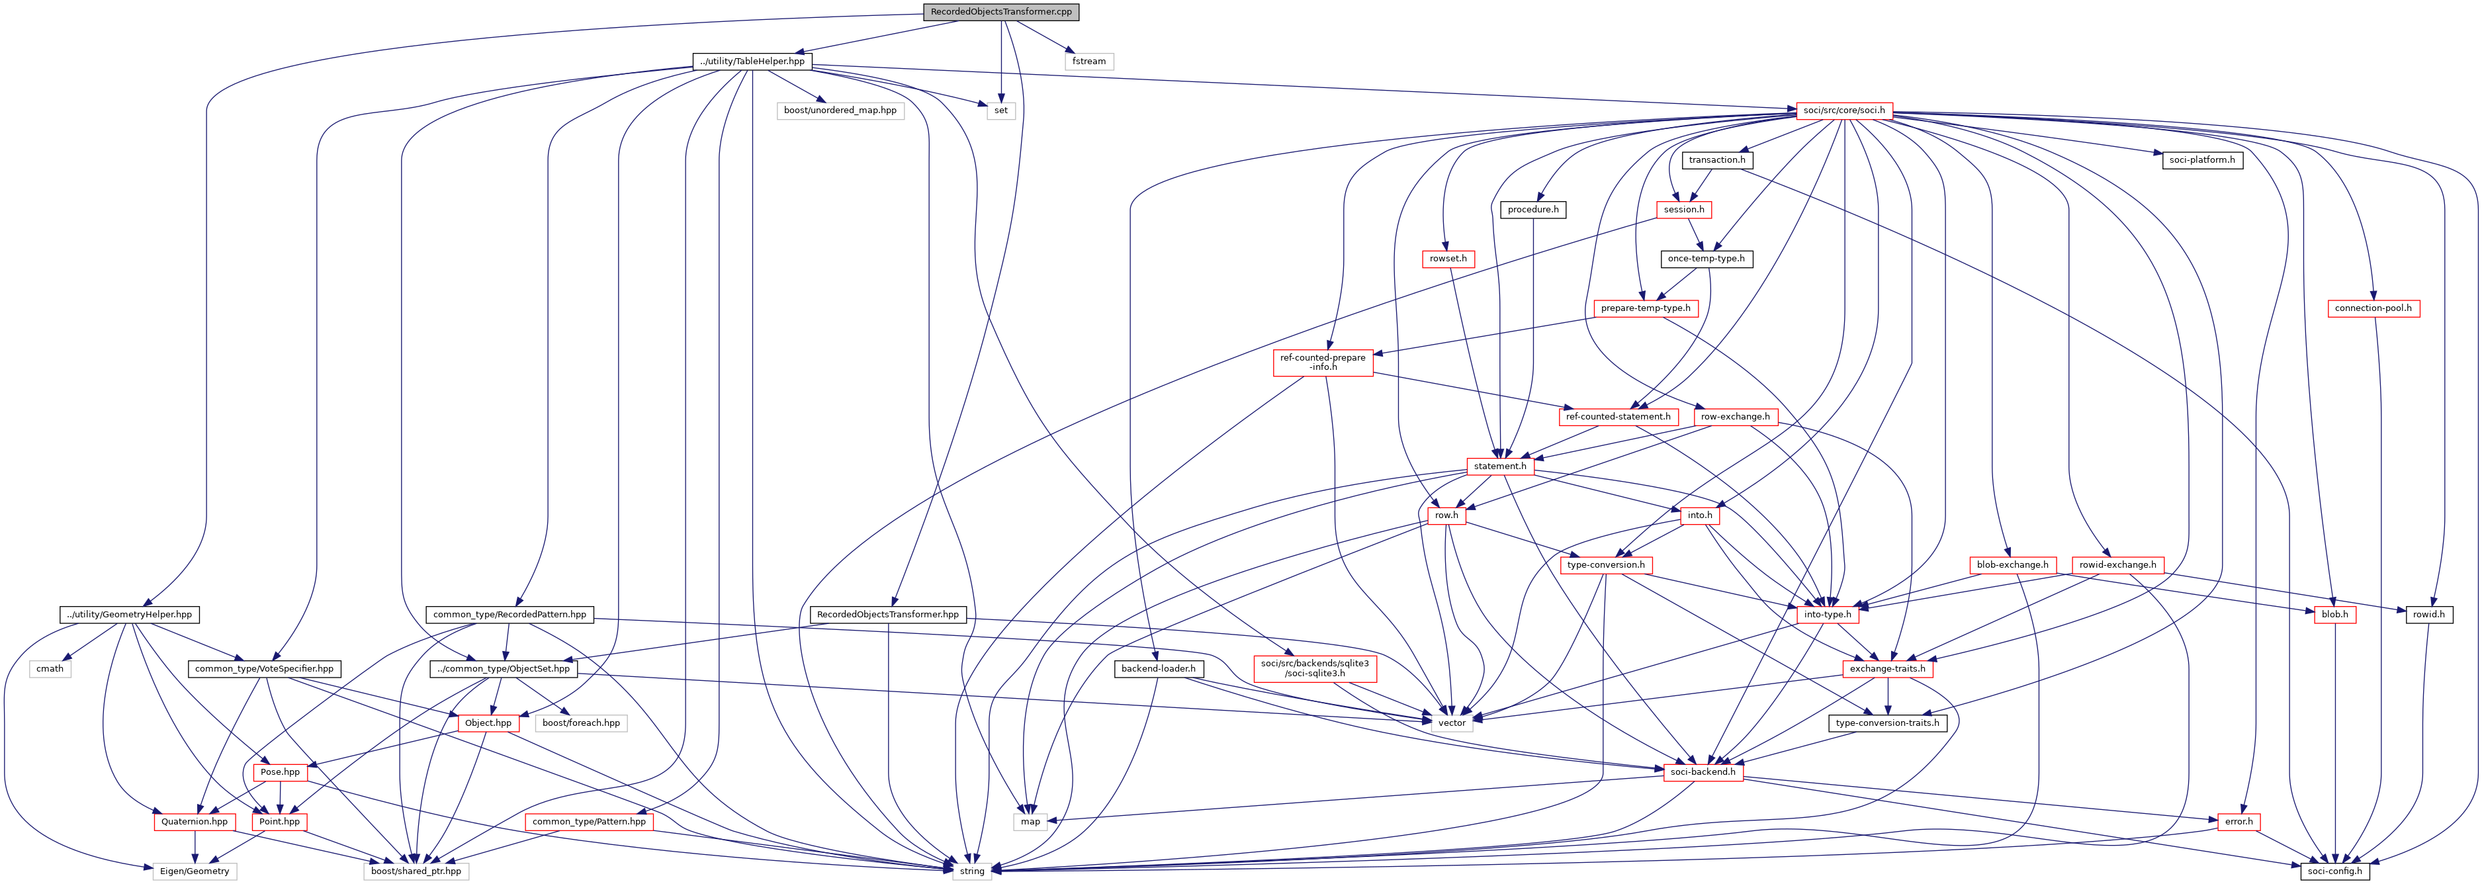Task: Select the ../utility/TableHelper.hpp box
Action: (x=752, y=62)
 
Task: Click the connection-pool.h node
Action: (x=2372, y=308)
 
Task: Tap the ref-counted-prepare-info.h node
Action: (x=1322, y=363)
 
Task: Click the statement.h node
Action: (x=1499, y=466)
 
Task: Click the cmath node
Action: (x=50, y=669)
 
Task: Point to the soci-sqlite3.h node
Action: (x=1314, y=668)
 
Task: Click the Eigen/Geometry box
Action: (x=195, y=871)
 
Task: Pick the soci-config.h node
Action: (x=2332, y=871)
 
